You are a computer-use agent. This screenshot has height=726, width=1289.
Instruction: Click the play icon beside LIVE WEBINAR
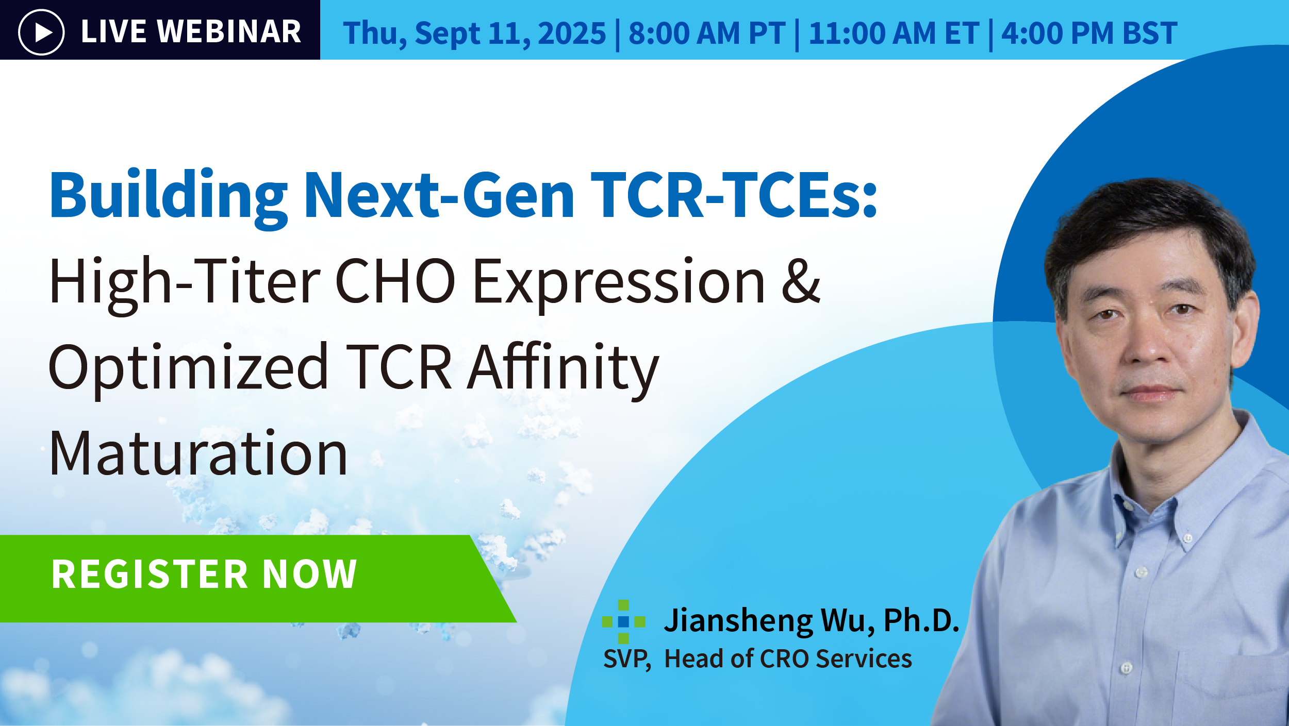tap(41, 32)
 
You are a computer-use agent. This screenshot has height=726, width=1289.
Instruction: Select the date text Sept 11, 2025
tap(510, 33)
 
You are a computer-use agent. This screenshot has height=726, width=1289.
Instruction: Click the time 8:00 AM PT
tap(707, 33)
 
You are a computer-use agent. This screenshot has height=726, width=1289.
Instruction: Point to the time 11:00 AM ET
tap(894, 33)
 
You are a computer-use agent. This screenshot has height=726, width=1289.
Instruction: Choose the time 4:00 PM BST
tap(1089, 33)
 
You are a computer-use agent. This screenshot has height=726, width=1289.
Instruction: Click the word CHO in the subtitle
tap(395, 282)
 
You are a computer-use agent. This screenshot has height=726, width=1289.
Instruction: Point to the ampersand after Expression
tap(800, 282)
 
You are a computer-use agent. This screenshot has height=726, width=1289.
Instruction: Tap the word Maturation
tap(198, 453)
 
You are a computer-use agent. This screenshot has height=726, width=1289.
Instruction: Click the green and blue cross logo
tap(623, 621)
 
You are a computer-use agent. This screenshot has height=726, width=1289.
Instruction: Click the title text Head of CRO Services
tap(788, 659)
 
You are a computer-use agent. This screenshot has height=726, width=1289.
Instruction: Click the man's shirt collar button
tap(1187, 538)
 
